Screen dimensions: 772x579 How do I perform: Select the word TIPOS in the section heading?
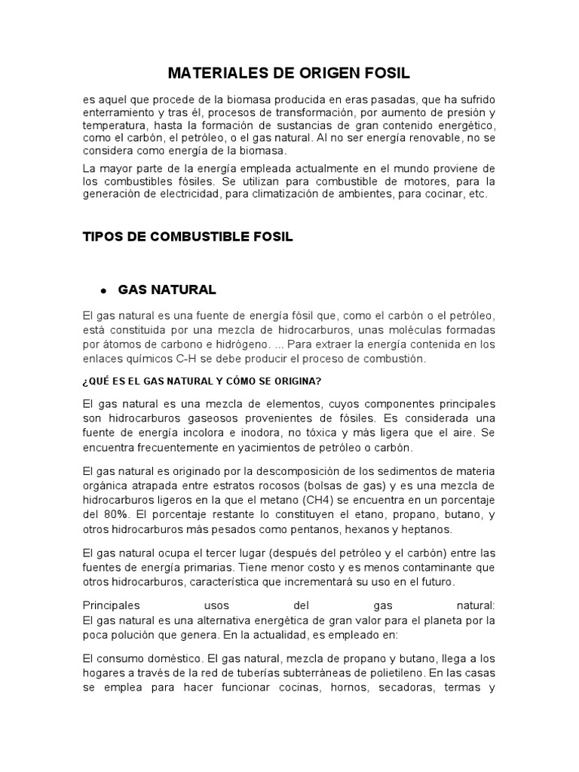coord(103,236)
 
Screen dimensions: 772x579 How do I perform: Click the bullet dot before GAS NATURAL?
coord(101,291)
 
